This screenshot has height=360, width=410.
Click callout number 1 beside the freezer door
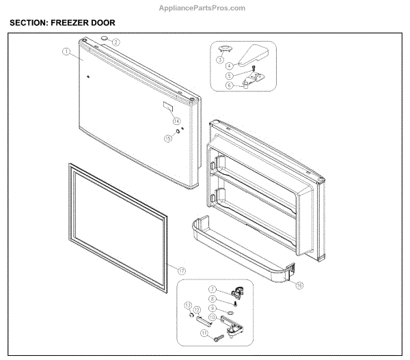pos(66,51)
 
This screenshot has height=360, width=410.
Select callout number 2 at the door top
pos(116,42)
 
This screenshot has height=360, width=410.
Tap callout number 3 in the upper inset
pos(220,60)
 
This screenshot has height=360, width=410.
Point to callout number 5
pos(230,76)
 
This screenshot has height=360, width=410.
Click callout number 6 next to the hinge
pos(230,85)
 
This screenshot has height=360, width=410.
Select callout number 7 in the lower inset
pos(213,290)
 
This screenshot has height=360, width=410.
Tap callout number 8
pos(213,299)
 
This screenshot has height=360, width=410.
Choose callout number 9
pos(213,309)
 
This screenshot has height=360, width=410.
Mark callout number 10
pos(213,318)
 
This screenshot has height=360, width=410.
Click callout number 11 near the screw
pos(204,333)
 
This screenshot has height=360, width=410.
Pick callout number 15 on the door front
pos(167,138)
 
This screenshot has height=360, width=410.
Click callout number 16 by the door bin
pos(299,286)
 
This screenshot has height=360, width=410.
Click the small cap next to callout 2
pos(105,38)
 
